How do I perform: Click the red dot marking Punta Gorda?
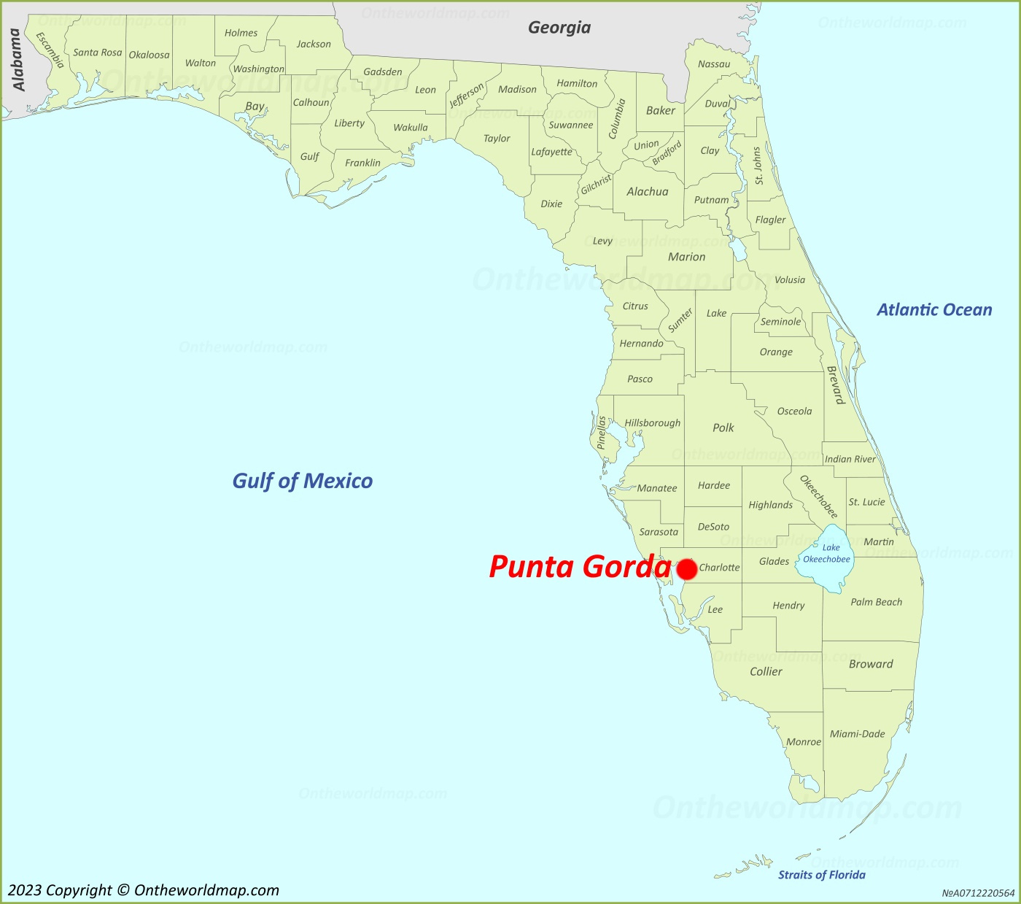(686, 569)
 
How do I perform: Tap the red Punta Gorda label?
(579, 567)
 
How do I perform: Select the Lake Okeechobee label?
(827, 554)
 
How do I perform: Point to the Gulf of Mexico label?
(302, 481)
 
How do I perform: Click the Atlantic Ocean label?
(934, 310)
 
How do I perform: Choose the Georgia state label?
(559, 28)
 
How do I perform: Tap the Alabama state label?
(18, 60)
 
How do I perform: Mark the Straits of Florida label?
(821, 875)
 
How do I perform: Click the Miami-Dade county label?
(857, 734)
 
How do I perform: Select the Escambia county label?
(50, 50)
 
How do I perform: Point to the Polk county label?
(723, 428)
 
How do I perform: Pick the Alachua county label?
(648, 192)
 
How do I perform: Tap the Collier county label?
(766, 671)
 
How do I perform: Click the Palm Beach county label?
(876, 602)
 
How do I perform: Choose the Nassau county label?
(714, 64)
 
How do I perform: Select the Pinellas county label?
(602, 433)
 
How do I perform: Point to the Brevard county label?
(835, 385)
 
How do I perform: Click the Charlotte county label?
(719, 568)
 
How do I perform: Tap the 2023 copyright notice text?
(144, 890)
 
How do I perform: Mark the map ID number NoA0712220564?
(978, 893)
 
